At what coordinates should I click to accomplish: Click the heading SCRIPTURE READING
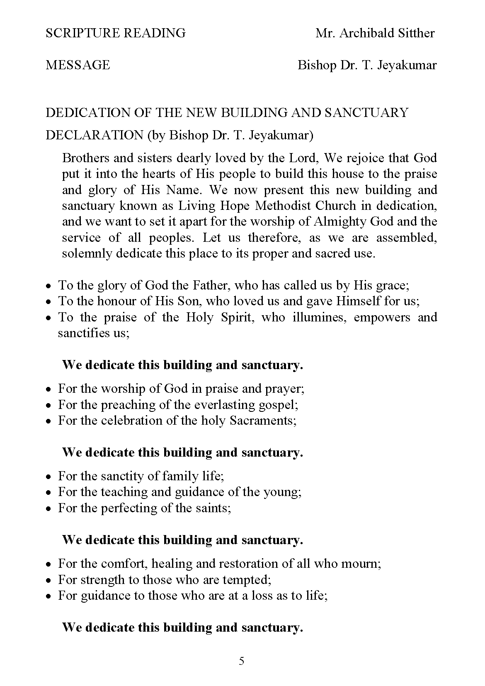(116, 33)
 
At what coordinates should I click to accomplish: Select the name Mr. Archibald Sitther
(375, 33)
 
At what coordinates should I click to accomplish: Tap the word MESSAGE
(78, 65)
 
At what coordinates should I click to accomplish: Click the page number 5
(242, 661)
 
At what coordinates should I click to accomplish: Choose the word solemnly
(87, 253)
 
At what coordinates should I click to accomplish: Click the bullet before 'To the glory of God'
(49, 286)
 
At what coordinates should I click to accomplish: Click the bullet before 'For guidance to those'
(49, 596)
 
